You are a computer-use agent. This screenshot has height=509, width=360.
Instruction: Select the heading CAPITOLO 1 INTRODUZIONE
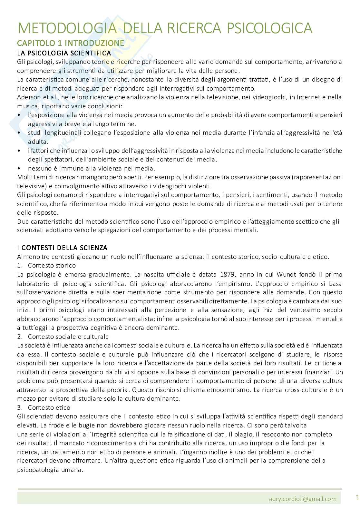coord(71,43)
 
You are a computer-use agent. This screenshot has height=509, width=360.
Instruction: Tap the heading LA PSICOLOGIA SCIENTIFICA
coord(64,53)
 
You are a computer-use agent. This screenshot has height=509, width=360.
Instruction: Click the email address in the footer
coord(303,499)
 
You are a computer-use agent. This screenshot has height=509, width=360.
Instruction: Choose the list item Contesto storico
coord(52,265)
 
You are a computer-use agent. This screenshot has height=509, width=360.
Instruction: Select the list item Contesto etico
coord(49,407)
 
